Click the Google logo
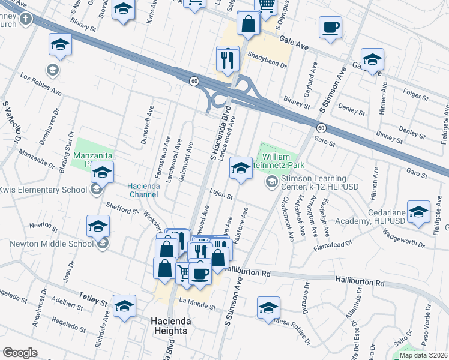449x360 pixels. coord(20,353)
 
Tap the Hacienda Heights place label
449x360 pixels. coord(170,326)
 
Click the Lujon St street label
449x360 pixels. coord(221,193)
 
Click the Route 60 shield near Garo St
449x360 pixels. coord(321,128)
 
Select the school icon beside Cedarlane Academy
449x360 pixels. coord(418,212)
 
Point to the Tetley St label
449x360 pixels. coord(93,297)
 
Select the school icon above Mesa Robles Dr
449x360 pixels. coord(268,308)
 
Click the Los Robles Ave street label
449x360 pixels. coord(41,85)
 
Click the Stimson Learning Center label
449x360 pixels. coord(314,184)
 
